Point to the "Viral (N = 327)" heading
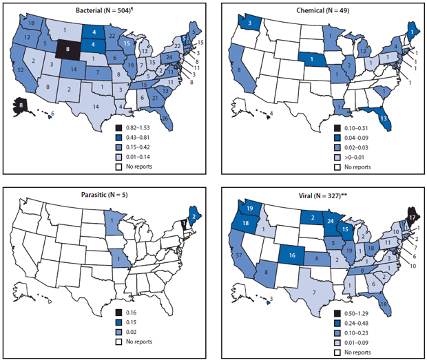(321, 194)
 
